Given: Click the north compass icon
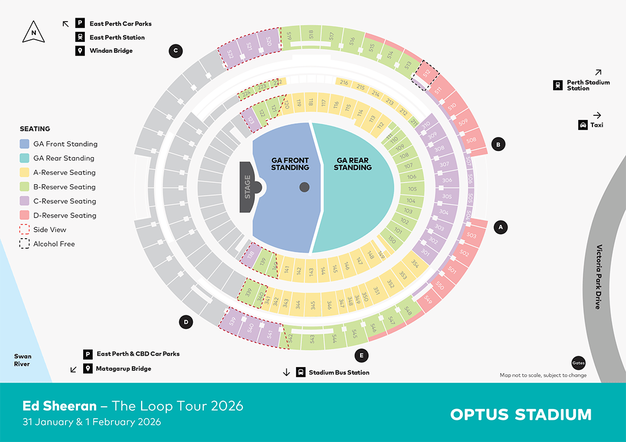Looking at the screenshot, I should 34,32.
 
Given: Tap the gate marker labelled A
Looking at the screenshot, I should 500,227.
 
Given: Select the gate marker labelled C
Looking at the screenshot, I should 175,51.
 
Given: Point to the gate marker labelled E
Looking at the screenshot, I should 360,356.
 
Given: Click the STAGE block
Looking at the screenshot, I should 248,187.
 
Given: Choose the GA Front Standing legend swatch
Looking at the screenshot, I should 24,144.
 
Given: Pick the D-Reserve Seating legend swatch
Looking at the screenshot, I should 24,215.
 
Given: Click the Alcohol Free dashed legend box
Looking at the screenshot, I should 24,244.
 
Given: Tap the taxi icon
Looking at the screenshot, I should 583,125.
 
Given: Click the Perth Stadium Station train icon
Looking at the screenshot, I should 558,85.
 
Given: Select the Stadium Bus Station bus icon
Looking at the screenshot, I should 300,373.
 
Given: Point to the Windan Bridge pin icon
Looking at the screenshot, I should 80,51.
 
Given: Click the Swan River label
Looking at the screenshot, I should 23,360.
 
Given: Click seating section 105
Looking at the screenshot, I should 412,189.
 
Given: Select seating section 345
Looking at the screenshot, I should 313,305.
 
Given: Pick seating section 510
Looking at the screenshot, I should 452,106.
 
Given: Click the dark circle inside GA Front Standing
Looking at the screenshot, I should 304,186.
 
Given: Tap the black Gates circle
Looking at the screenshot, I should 578,363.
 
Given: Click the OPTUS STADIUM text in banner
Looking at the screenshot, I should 521,414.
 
